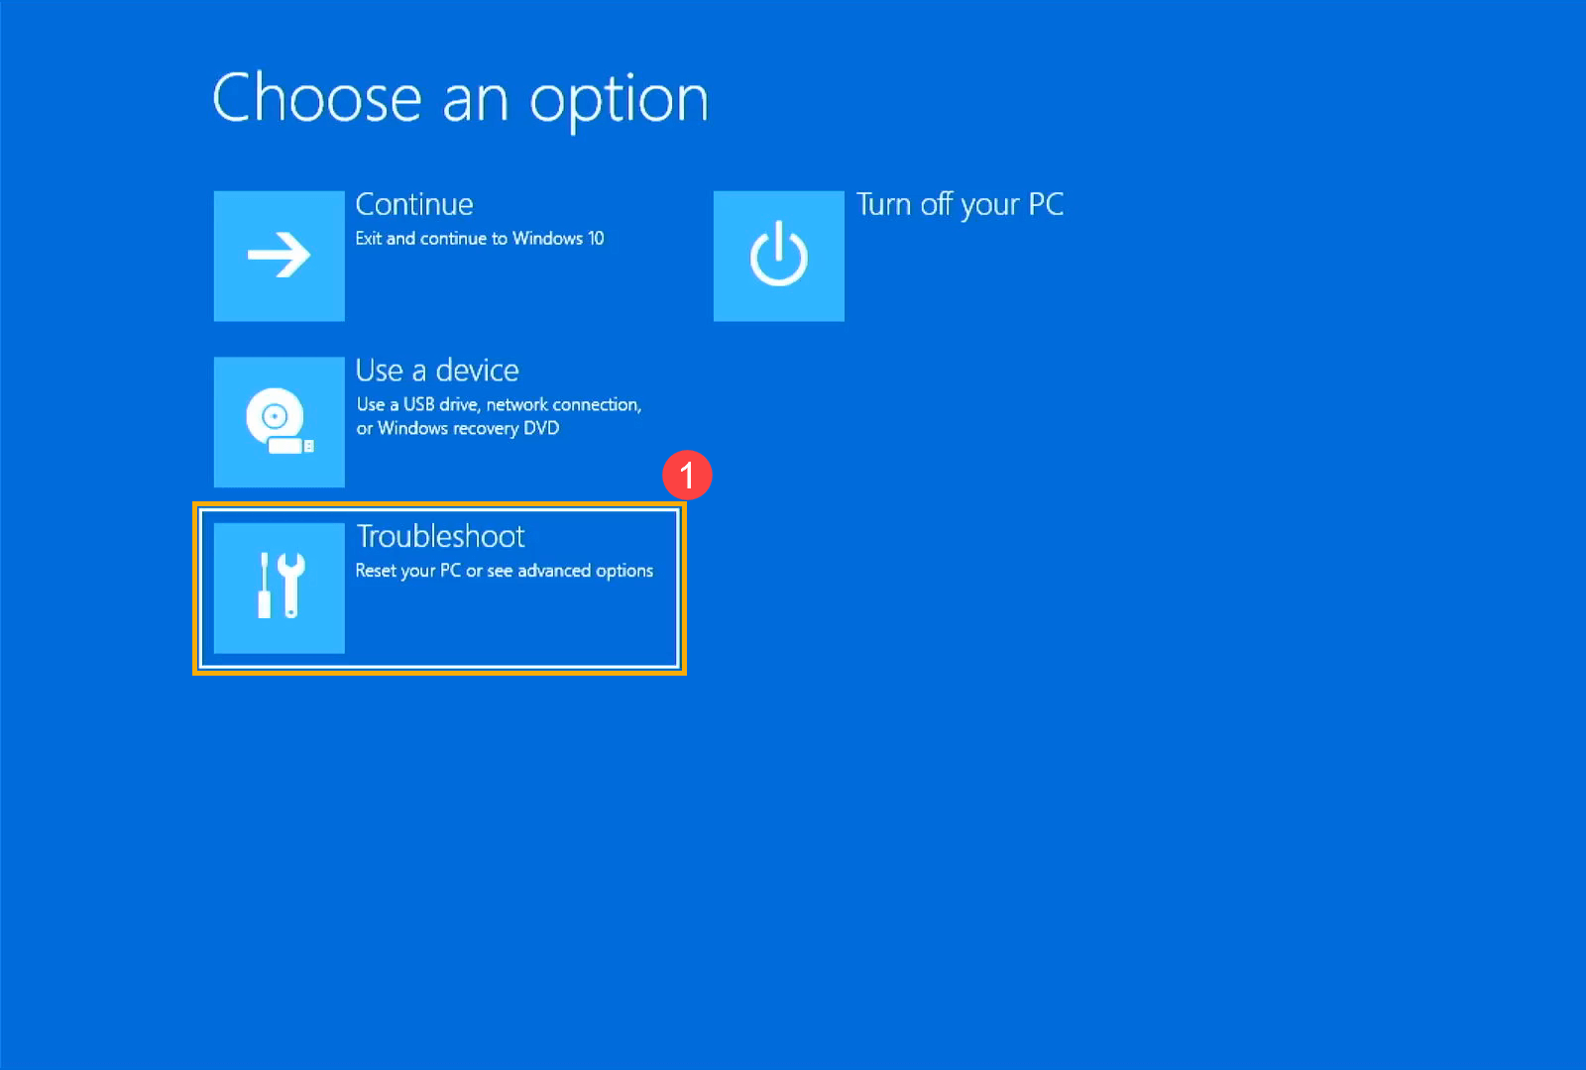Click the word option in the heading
(x=619, y=101)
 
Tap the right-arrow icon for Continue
(x=280, y=256)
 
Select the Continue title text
(x=414, y=204)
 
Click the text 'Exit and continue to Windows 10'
(x=480, y=239)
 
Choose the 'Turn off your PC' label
(x=960, y=204)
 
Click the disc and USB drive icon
(x=280, y=422)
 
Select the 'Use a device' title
(x=437, y=371)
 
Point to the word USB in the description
(x=418, y=404)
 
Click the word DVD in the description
(x=541, y=428)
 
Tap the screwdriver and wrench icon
(x=280, y=588)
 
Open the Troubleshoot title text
(x=440, y=536)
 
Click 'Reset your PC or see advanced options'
(x=504, y=571)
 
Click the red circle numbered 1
(x=687, y=476)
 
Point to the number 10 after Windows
(x=596, y=239)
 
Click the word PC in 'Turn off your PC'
(x=1046, y=204)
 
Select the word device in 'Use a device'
(x=477, y=371)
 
